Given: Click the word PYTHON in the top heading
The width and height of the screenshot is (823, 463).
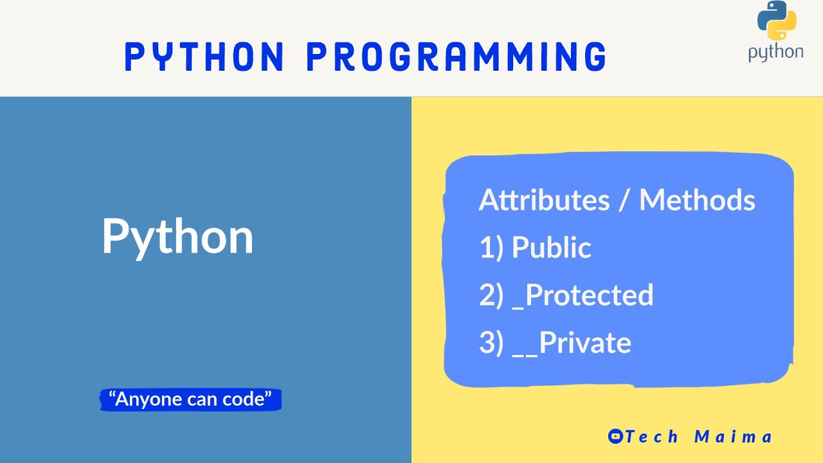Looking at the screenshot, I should [204, 57].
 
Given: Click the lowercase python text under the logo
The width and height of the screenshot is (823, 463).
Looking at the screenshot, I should [775, 53].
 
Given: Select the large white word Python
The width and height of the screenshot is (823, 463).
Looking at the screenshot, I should [177, 237].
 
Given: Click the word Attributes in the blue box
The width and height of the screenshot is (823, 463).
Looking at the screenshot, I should [544, 200].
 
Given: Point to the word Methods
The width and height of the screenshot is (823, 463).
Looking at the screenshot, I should [697, 200].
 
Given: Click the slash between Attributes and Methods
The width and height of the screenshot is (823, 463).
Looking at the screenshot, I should [623, 201].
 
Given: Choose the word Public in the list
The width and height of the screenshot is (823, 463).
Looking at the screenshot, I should [551, 248].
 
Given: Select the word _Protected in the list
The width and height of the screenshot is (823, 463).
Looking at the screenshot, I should [583, 295].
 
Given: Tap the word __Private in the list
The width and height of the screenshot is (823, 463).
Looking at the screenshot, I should [572, 343].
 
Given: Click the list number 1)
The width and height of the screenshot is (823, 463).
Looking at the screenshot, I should [491, 248].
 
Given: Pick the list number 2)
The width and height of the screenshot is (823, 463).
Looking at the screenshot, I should [491, 295].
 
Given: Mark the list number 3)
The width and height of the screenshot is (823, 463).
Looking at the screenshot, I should [491, 343].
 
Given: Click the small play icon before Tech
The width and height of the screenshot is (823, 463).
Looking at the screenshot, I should [615, 437].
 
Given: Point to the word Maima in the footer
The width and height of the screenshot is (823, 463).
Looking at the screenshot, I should [733, 437].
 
